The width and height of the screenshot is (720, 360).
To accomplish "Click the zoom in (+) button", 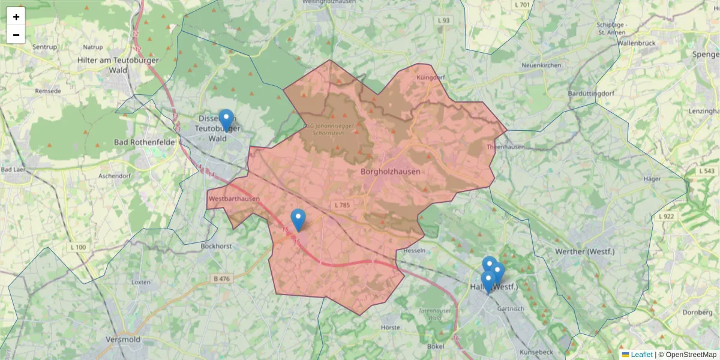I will point(16,17).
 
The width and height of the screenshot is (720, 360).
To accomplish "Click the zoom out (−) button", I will point(16,35).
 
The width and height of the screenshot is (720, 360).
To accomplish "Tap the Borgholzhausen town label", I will point(391,172).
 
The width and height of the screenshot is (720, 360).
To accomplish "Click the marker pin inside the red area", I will point(298,220).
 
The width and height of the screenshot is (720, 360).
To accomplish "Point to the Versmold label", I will point(122,340).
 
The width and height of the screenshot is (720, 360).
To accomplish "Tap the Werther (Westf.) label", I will point(585,251).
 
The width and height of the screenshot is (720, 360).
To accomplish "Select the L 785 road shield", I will point(341,205).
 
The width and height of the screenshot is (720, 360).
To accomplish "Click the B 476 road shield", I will point(221,278).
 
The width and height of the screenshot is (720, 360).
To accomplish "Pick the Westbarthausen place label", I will point(234,199).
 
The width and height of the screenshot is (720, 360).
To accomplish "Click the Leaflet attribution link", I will point(641,355).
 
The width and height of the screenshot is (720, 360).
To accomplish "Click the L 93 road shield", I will point(443,20).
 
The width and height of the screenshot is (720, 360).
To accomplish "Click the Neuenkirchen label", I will point(541,65).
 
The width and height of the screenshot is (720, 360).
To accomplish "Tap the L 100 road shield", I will point(78,247).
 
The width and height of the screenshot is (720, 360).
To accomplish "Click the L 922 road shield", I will point(666,216).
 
